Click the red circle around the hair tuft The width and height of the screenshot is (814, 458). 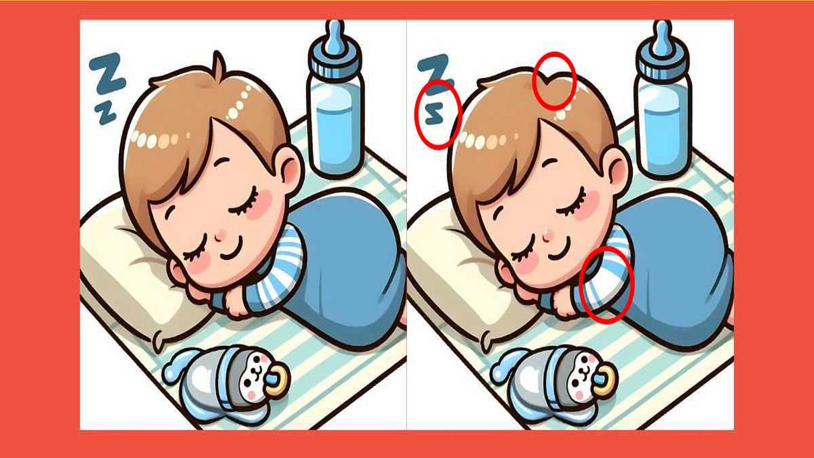554,80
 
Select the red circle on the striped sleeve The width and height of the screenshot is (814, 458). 608,284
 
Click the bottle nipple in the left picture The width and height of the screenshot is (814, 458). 336,38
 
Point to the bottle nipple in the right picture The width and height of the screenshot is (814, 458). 662,38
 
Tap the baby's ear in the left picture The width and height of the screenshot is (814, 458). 290,167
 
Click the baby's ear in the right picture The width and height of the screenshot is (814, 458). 617,167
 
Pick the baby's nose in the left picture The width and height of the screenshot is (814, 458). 220,235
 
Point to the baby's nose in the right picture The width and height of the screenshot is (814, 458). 547,235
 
